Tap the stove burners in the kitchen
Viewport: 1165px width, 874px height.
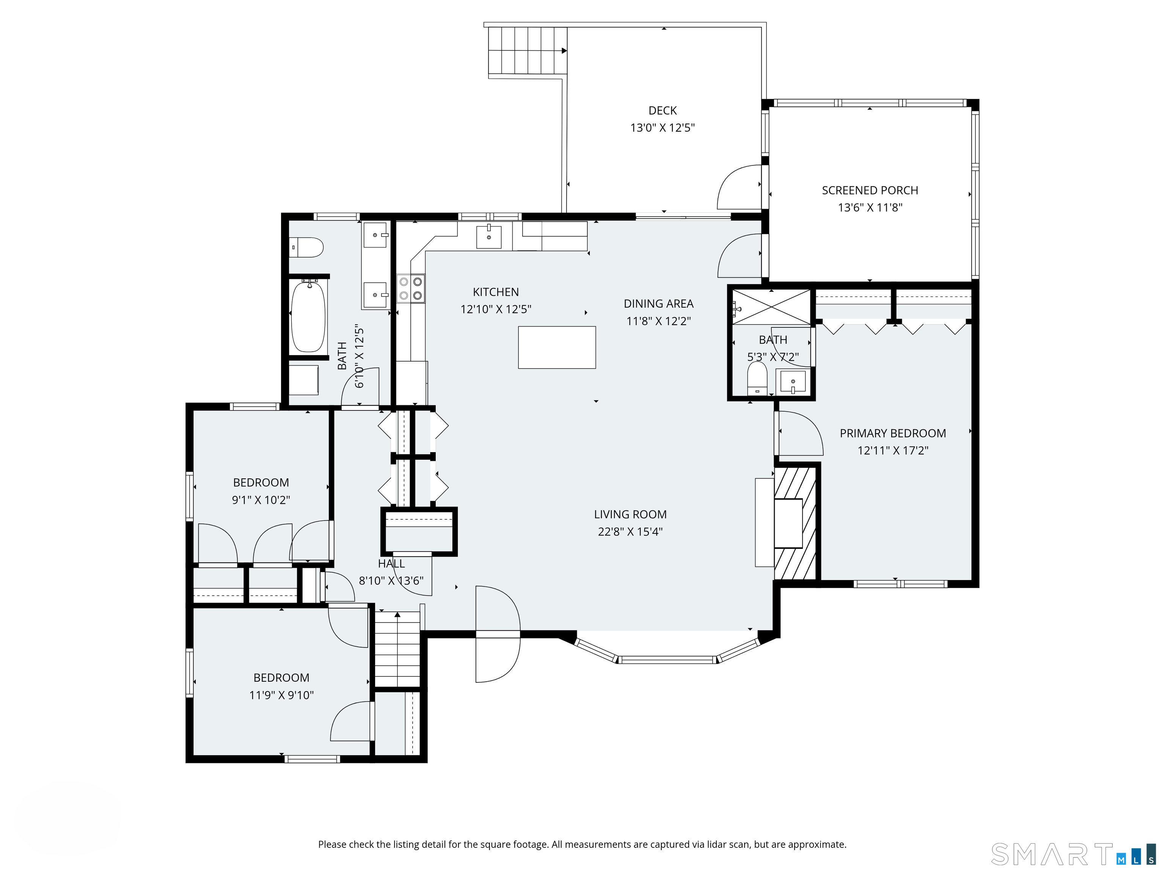point(411,289)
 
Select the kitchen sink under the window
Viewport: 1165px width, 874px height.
point(489,237)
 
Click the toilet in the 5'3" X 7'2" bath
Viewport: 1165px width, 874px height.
point(757,378)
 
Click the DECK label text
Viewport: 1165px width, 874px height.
point(663,111)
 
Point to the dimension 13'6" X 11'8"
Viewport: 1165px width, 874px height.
point(870,207)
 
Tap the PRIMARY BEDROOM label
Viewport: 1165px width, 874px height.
point(893,433)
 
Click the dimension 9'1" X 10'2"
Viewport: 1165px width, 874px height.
point(261,500)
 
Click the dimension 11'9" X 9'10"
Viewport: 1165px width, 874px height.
point(281,695)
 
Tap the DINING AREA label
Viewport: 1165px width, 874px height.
point(658,303)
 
